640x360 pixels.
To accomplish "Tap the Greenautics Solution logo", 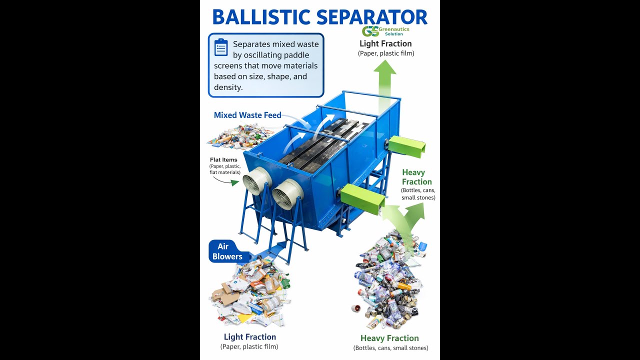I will (x=385, y=31).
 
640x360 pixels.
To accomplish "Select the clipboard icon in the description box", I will (x=221, y=47).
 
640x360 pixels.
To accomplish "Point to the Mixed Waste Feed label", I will (x=247, y=115).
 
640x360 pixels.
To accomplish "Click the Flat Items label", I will (x=223, y=160).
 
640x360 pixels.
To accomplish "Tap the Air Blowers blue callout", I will (x=227, y=251).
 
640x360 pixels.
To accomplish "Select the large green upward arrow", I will (x=384, y=85).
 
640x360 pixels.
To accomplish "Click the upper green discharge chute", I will (x=406, y=146).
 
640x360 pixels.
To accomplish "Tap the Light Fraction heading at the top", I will (x=385, y=43).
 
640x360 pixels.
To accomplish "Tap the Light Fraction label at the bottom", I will (x=249, y=337).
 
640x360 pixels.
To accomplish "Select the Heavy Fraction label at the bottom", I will (x=389, y=338).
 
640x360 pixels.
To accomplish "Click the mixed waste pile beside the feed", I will (x=240, y=136).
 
